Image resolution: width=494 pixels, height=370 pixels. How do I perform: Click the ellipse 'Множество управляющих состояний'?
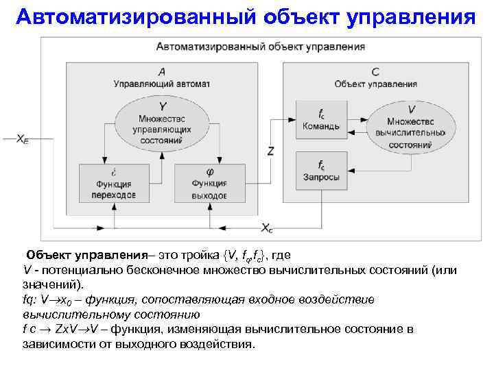162,123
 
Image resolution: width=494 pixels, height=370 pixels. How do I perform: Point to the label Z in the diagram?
271,151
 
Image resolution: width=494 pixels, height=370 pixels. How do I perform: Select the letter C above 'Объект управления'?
375,71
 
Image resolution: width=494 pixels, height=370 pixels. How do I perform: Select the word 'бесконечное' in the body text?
136,270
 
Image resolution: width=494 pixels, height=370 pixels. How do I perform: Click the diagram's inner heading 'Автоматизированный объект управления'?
260,47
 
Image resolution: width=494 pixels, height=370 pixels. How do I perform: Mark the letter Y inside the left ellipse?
162,107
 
